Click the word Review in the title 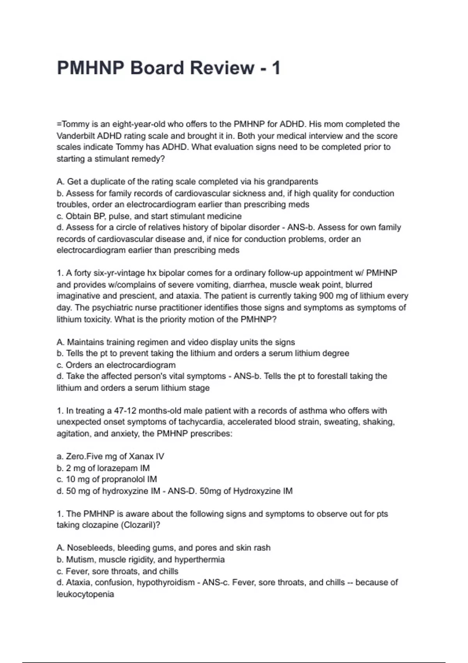coord(222,68)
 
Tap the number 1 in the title coord(276,68)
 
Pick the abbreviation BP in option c coord(94,216)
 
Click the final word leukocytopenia coord(85,594)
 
